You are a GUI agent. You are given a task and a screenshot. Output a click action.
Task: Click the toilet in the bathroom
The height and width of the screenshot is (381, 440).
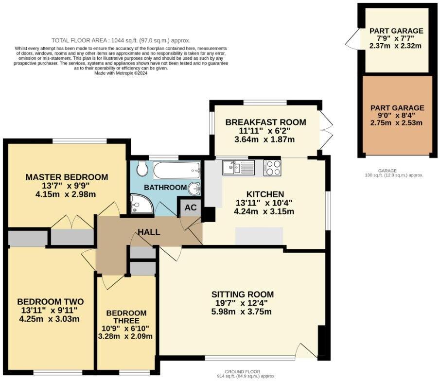[x=142, y=168]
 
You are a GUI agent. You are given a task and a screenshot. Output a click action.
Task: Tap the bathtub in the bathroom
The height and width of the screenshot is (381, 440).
[x=177, y=170]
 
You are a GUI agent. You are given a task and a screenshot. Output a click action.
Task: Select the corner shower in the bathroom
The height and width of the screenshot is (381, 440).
[x=141, y=204]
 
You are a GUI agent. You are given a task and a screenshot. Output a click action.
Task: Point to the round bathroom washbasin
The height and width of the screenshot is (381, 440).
[x=194, y=188]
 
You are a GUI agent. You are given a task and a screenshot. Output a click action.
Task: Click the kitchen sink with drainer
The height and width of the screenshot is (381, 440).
[x=238, y=168]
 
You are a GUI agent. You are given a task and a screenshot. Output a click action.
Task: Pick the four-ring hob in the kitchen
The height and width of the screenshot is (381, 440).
[x=272, y=168]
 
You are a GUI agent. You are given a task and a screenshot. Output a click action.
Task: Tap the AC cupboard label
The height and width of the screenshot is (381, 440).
[x=191, y=208]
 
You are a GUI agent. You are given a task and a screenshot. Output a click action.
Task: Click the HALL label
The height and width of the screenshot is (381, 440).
[x=149, y=232]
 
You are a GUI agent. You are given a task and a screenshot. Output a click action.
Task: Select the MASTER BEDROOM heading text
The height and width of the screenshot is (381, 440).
[x=67, y=177]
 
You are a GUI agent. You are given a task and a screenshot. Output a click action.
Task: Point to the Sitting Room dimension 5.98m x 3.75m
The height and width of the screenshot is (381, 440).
[x=241, y=312]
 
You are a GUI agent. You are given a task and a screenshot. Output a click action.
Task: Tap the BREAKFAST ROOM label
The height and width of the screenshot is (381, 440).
[x=265, y=122]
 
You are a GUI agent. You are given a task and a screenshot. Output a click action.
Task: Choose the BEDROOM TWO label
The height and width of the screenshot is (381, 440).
[x=51, y=302]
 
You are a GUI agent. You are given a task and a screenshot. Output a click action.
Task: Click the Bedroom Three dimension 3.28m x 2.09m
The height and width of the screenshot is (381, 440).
[x=125, y=336]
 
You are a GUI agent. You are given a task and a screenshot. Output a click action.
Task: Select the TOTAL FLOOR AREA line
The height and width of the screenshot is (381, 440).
[x=121, y=40]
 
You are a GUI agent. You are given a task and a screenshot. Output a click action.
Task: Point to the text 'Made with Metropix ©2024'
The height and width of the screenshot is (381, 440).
[x=121, y=73]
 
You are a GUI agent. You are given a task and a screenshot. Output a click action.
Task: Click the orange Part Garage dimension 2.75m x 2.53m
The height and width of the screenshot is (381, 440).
[x=396, y=122]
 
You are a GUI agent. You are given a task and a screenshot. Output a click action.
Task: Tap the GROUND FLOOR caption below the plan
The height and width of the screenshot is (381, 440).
[x=243, y=372]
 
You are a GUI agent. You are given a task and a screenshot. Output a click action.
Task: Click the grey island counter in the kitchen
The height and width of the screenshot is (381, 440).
[x=259, y=236]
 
